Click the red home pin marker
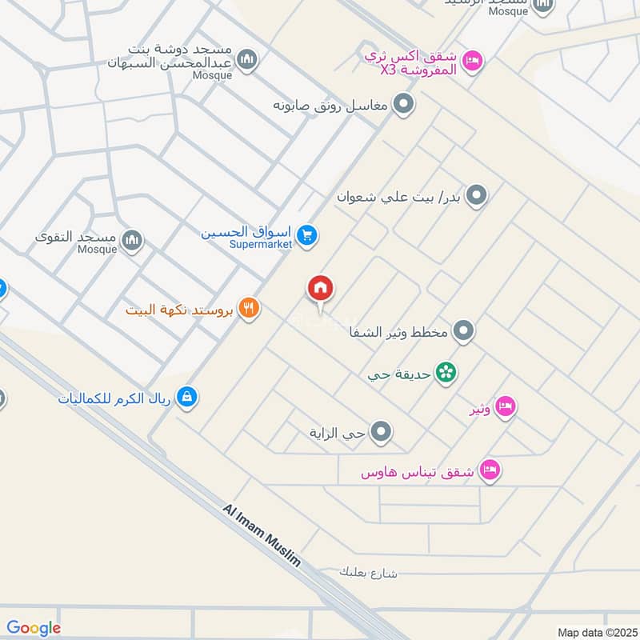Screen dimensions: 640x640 click(321, 289)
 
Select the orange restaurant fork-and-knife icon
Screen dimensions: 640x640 click(249, 308)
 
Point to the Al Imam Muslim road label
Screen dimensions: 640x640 click(262, 536)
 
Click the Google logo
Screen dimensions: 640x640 click(34, 628)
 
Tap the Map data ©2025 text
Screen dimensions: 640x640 click(595, 632)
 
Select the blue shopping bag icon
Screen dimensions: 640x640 click(186, 397)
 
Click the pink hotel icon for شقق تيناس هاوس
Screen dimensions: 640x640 click(490, 469)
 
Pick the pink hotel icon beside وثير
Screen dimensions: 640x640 click(505, 407)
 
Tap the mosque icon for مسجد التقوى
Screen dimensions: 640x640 click(132, 239)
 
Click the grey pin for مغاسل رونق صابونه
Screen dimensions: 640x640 click(404, 104)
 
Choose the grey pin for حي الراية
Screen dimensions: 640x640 click(382, 433)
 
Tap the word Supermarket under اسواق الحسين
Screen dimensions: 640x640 click(261, 244)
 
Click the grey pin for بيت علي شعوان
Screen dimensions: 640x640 click(476, 195)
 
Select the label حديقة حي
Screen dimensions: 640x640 click(399, 374)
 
